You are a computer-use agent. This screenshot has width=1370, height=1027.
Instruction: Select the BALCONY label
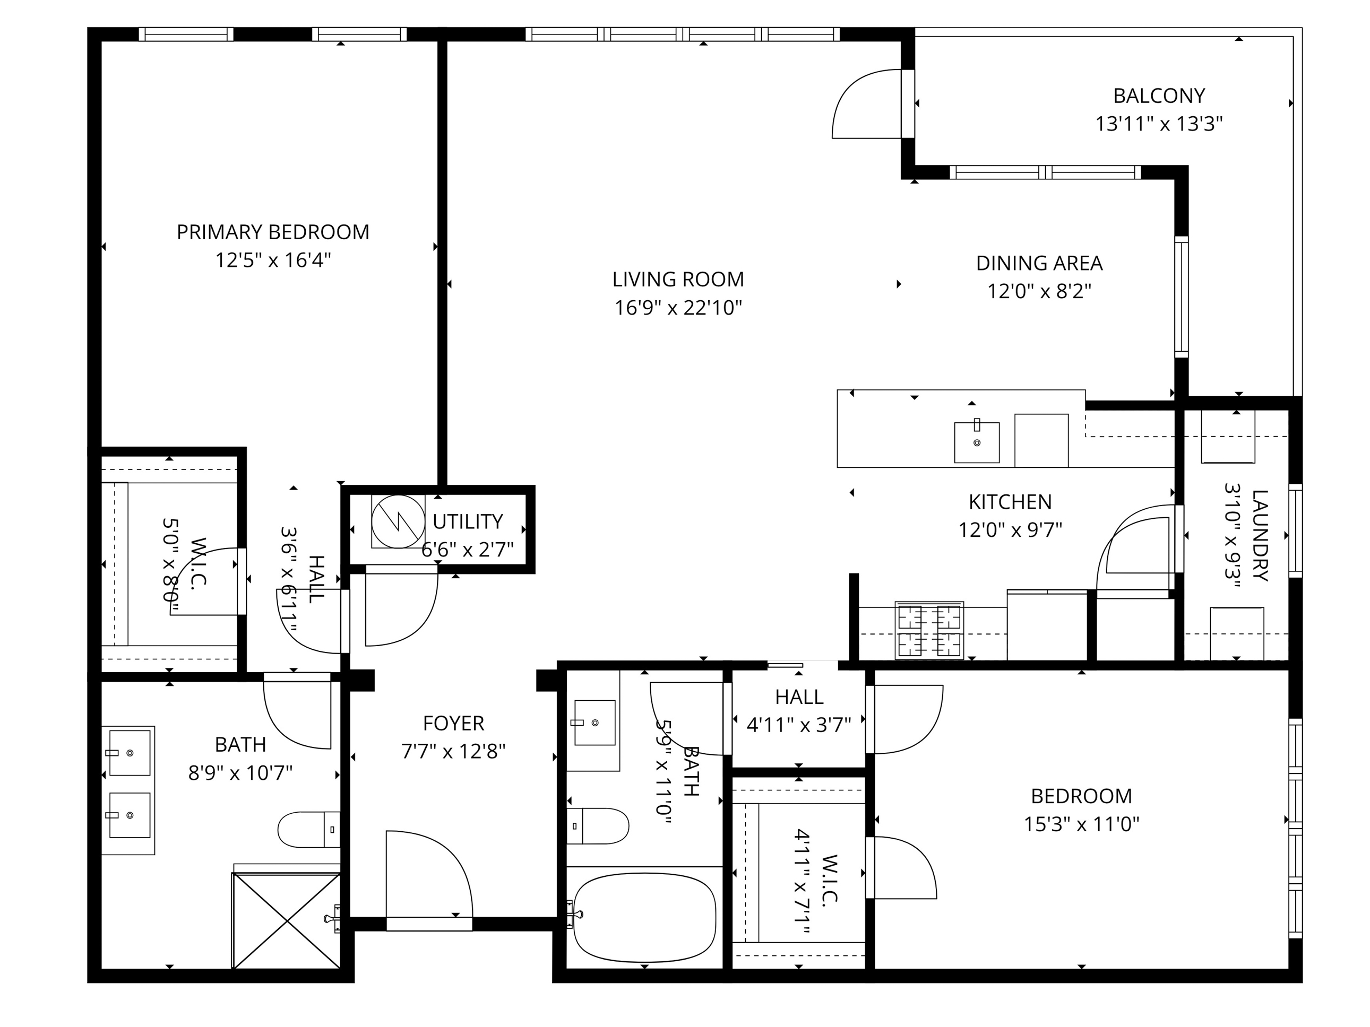pyautogui.click(x=1159, y=96)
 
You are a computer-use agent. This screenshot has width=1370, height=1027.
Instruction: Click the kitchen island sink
pyautogui.click(x=977, y=442)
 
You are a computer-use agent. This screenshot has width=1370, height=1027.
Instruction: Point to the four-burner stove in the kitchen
pyautogui.click(x=929, y=630)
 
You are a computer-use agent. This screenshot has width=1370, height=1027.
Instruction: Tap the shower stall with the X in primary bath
pyautogui.click(x=287, y=920)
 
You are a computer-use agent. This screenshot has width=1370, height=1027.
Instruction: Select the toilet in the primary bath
pyautogui.click(x=308, y=830)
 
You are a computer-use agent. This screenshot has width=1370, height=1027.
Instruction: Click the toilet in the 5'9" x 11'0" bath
pyautogui.click(x=598, y=826)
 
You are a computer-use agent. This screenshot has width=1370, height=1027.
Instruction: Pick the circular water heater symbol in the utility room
pyautogui.click(x=398, y=521)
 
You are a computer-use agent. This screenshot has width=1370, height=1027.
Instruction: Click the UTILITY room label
pyautogui.click(x=468, y=522)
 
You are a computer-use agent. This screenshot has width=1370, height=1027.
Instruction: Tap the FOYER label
pyautogui.click(x=453, y=723)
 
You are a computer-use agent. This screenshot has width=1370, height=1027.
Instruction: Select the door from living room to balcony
pyautogui.click(x=867, y=104)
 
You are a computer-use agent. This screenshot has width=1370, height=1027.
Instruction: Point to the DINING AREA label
pyautogui.click(x=1039, y=263)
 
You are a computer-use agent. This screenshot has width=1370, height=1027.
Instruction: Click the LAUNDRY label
pyautogui.click(x=1260, y=535)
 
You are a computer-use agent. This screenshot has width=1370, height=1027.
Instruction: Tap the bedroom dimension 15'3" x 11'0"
pyautogui.click(x=1081, y=824)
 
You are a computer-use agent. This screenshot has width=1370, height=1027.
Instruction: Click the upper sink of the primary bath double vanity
pyautogui.click(x=130, y=753)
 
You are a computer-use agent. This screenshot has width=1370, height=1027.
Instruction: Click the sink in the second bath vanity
pyautogui.click(x=594, y=723)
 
